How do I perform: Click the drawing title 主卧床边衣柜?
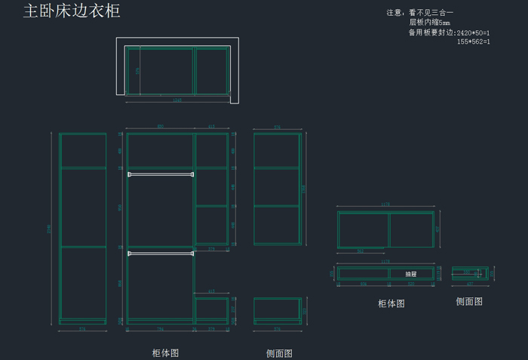[x=72, y=11]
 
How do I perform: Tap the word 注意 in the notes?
[x=394, y=13]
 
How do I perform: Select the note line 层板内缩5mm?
[x=429, y=23]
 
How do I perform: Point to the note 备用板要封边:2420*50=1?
[x=449, y=32]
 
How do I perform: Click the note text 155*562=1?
[x=473, y=42]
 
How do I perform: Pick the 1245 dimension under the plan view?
[x=178, y=100]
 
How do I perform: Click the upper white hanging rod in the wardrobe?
[x=161, y=174]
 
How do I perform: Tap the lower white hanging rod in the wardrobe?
[x=161, y=254]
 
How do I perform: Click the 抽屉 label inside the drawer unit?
[x=411, y=274]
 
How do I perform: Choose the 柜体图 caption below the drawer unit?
[x=391, y=303]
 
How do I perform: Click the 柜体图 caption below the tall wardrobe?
[x=165, y=352]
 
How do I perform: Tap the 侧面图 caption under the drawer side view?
[x=469, y=301]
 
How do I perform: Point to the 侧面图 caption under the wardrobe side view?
[x=279, y=353]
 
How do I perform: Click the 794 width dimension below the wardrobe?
[x=160, y=330]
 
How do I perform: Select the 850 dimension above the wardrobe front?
[x=160, y=126]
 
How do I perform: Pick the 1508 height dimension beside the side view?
[x=305, y=188]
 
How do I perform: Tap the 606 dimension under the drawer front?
[x=363, y=285]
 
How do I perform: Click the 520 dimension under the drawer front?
[x=411, y=285]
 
